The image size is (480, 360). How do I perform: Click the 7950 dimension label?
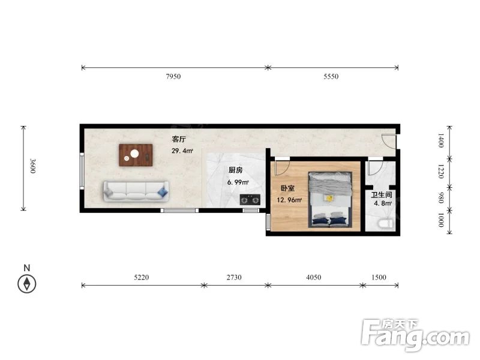(173, 77)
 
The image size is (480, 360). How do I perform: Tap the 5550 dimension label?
(331, 77)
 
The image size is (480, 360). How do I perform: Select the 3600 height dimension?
(33, 166)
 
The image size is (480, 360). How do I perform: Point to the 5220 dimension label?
(142, 277)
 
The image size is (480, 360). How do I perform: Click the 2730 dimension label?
(234, 277)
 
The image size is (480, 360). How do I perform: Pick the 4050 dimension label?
(313, 277)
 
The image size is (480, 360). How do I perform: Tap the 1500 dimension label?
(379, 277)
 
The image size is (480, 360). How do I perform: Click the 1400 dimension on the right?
(440, 140)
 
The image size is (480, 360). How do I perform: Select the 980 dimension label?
(440, 198)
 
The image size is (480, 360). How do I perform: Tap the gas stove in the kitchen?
(250, 200)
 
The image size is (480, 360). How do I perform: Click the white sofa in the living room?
(136, 191)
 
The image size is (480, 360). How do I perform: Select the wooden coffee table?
(136, 155)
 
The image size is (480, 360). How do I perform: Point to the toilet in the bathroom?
(385, 224)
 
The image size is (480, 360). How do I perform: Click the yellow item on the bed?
(329, 198)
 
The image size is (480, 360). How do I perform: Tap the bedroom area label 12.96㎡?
(289, 200)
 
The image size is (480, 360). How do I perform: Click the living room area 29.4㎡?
(182, 151)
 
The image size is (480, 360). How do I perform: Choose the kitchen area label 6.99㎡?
(238, 182)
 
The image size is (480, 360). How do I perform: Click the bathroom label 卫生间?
(382, 194)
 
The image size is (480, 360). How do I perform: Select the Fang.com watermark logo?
(415, 335)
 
